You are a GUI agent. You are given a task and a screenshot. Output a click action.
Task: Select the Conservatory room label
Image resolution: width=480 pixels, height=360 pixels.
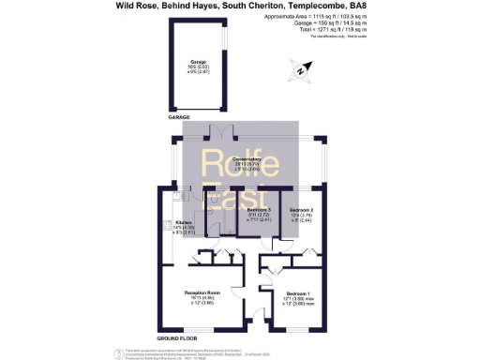[246, 159]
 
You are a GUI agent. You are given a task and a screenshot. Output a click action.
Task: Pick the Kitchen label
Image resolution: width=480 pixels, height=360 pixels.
[183, 222]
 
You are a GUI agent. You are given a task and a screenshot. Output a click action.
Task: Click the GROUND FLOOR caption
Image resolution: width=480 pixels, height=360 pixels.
[175, 337]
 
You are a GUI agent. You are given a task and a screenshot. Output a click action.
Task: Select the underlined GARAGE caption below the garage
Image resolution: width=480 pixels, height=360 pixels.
[178, 117]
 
